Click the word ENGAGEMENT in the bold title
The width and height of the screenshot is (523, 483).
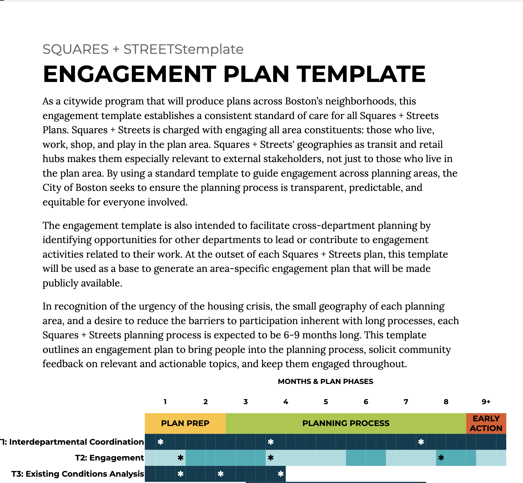tap(129, 74)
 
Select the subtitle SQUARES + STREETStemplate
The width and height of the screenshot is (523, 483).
tap(143, 49)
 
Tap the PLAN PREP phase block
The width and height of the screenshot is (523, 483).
tap(185, 423)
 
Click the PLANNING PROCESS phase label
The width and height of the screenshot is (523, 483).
tap(346, 423)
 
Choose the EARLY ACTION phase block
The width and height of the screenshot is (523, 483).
tap(486, 423)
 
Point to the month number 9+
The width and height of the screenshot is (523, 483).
tap(486, 402)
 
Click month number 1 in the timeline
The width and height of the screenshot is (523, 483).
tap(165, 402)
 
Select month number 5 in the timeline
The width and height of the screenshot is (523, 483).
tap(326, 402)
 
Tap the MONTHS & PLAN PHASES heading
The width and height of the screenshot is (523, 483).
tap(326, 381)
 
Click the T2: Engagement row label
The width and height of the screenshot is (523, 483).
tap(109, 458)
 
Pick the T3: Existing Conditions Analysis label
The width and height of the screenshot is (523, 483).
tap(78, 474)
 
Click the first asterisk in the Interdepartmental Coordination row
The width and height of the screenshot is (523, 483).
tap(160, 442)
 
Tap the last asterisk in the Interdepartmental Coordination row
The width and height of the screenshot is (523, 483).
tap(421, 442)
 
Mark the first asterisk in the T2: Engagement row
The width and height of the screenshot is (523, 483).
tap(180, 458)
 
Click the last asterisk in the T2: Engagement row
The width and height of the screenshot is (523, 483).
tap(441, 458)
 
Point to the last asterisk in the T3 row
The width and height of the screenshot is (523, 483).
tap(281, 474)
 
